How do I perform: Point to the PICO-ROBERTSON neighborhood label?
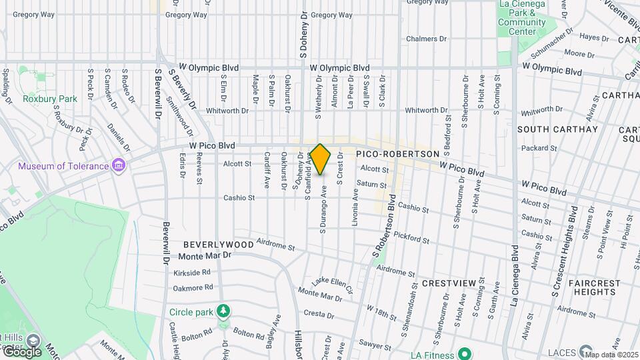click(398, 153)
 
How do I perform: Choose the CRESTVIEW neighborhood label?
click(449, 283)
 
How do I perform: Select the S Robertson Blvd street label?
click(384, 227)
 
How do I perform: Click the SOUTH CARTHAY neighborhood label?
click(548, 129)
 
